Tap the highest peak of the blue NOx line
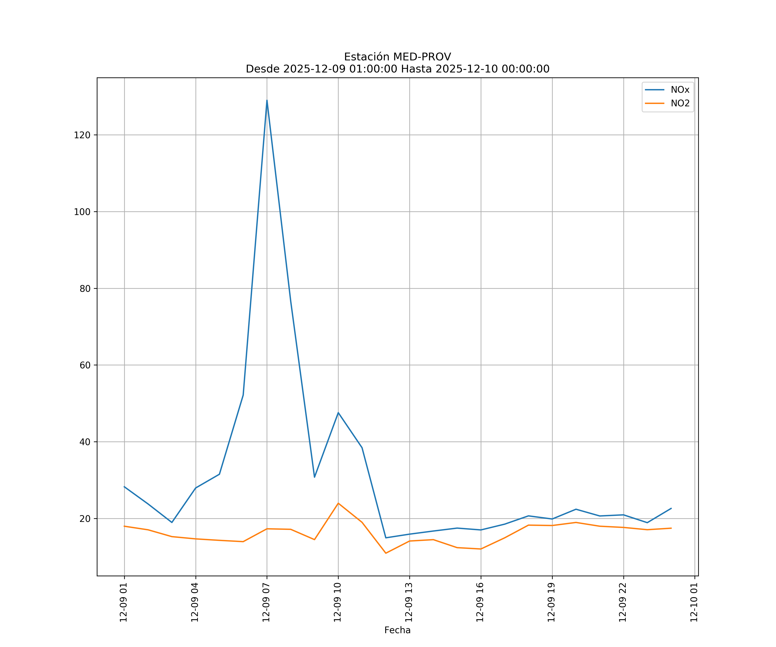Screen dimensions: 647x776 [267, 100]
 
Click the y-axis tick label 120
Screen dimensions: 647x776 [82, 135]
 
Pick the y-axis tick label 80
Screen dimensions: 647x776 [85, 289]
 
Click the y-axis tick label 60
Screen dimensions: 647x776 [85, 365]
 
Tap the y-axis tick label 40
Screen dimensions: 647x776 [85, 442]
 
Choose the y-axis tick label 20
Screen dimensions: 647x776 [85, 519]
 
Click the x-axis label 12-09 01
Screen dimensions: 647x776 [124, 602]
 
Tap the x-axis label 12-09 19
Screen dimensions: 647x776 [551, 602]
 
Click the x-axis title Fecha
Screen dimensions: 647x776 [397, 630]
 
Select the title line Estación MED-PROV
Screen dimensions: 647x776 [397, 57]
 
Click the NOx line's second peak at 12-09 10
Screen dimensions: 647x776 [338, 413]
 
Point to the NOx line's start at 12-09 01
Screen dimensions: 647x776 [125, 487]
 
